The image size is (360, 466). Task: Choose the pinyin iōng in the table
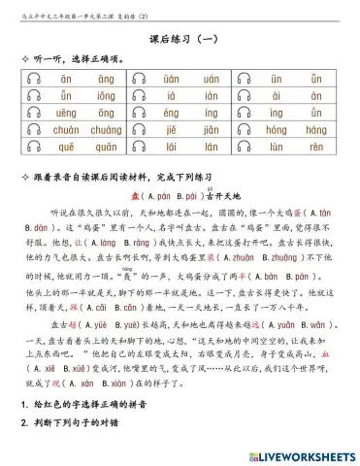[105, 95]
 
